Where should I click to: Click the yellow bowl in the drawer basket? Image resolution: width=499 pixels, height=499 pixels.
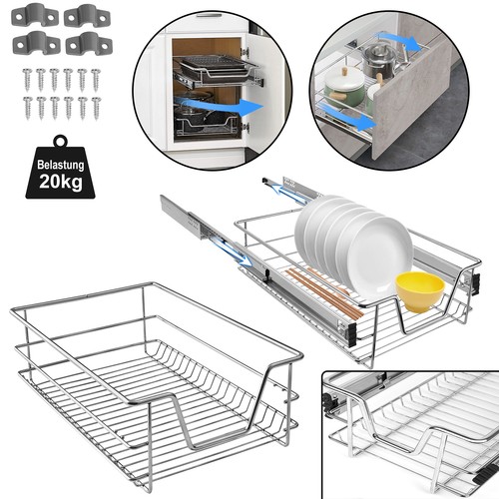click(419, 291)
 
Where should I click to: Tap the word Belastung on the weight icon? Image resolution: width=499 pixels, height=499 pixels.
click(61, 165)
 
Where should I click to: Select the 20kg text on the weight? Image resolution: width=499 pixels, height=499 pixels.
click(61, 182)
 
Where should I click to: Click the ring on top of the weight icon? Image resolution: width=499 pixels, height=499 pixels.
click(61, 140)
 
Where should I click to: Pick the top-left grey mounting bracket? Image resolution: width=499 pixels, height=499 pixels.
click(35, 15)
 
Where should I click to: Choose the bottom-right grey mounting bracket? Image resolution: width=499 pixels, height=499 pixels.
click(89, 44)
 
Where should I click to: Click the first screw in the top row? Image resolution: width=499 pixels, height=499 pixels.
click(27, 80)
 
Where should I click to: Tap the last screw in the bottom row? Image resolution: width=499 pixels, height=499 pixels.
click(96, 109)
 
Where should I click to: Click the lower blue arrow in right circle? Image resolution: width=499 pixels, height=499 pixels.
click(347, 117)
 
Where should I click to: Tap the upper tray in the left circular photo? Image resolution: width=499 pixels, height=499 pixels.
click(216, 72)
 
